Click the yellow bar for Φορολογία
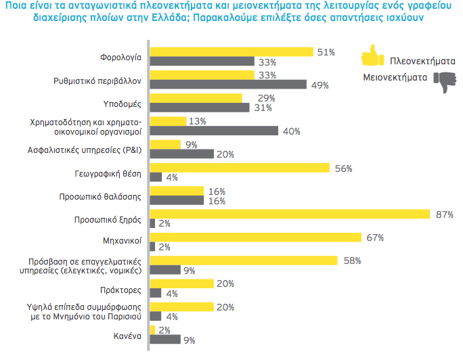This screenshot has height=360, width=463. click(231, 51)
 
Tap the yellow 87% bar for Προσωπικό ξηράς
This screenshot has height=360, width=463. click(289, 214)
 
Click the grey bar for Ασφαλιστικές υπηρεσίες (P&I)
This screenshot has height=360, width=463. click(182, 154)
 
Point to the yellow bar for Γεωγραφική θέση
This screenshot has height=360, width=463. click(239, 168)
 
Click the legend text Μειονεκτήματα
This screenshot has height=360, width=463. click(395, 77)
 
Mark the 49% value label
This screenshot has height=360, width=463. click(320, 85)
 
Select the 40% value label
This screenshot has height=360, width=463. click(291, 131)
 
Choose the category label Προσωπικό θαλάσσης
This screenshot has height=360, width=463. click(107, 196)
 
